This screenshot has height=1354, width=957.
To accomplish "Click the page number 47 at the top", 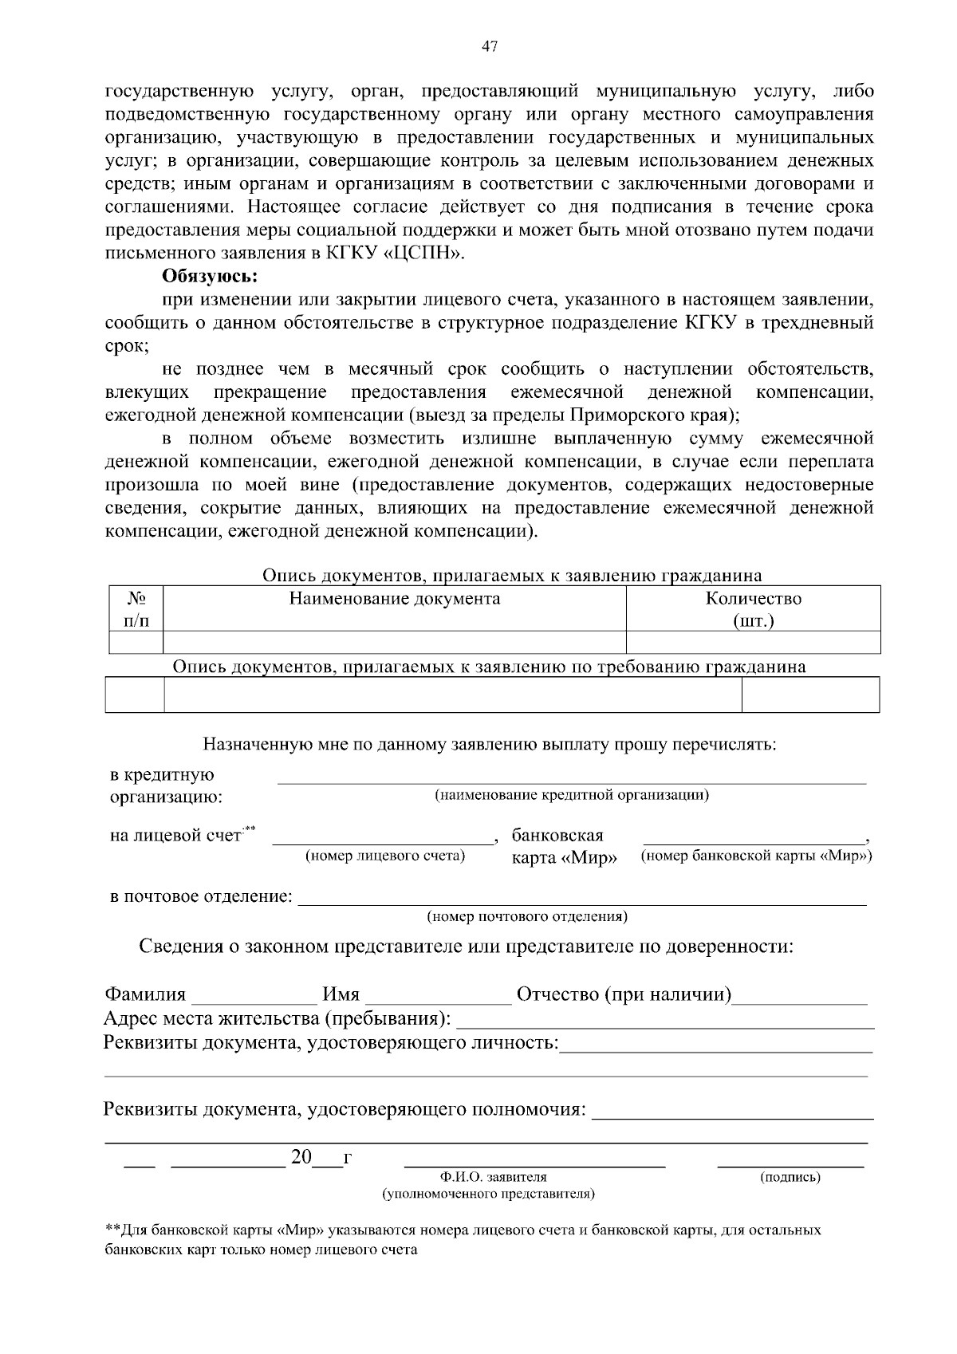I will coord(490,47).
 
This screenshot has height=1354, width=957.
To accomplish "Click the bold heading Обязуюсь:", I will coord(210,277).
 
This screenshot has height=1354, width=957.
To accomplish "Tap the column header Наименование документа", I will coord(394,599).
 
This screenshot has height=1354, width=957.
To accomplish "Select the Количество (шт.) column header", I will coord(753,609).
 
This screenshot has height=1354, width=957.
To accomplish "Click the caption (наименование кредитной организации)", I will coord(571,795).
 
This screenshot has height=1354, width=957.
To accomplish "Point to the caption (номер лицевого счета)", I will coord(385,856).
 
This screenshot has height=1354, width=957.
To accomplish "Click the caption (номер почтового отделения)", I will coord(527,916).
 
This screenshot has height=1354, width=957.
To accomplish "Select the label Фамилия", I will coord(145,994).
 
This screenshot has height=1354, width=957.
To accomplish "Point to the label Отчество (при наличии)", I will coord(624,994).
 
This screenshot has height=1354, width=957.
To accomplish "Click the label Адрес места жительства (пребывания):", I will coord(277,1019).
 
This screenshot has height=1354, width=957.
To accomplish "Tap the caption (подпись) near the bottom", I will coord(790,1177).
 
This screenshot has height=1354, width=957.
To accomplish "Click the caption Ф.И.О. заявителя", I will coord(493,1177).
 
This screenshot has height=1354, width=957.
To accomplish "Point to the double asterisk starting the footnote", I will coord(112,1230).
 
